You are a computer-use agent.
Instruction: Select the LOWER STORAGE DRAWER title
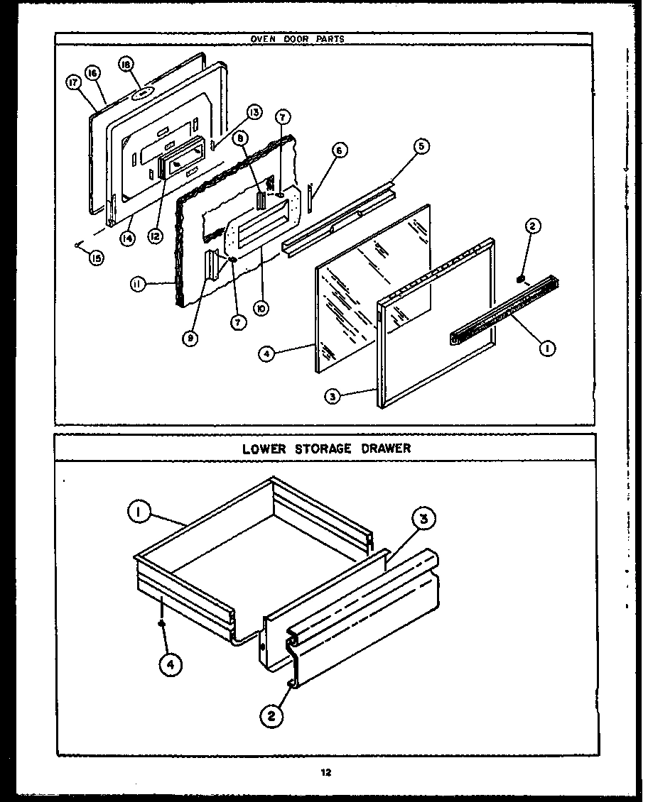tap(326, 449)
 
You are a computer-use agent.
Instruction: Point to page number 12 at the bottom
tap(325, 773)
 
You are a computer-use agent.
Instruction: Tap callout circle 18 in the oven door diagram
tap(126, 65)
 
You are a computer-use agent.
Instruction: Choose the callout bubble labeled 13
tap(254, 112)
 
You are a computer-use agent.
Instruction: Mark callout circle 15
tap(96, 258)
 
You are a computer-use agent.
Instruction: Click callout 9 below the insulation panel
tap(190, 339)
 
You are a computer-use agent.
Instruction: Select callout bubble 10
tap(264, 309)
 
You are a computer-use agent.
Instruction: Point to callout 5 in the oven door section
tap(421, 146)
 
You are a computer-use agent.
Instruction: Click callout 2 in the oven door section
tap(532, 226)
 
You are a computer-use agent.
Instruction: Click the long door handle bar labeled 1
tap(504, 309)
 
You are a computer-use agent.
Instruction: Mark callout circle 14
tap(126, 238)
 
